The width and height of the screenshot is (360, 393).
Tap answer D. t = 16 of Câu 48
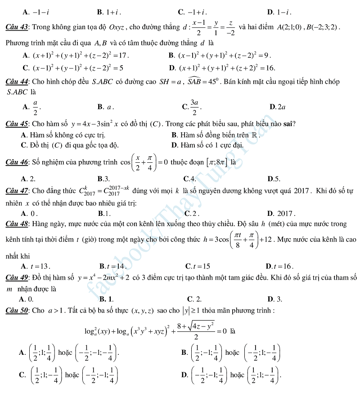pos(280,266)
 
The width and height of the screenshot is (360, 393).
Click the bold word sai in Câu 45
pos(289,124)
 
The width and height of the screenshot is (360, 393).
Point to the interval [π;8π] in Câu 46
pos(217,162)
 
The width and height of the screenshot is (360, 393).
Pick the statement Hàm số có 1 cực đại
pos(207,145)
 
